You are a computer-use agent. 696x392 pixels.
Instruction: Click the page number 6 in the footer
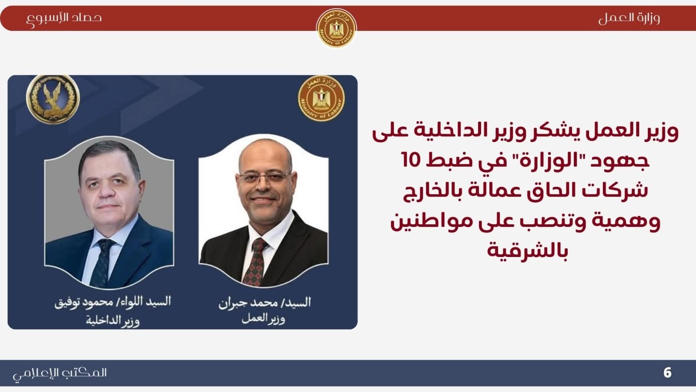coord(667,373)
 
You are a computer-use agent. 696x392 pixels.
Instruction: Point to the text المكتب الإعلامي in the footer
coord(60,374)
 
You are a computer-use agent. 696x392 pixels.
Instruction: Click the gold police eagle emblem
coord(53,99)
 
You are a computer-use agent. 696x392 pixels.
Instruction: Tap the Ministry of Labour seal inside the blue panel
coord(321,98)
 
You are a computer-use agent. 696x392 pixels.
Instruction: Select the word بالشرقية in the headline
coord(527,251)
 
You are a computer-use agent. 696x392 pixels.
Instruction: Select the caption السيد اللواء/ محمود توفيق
coord(113,302)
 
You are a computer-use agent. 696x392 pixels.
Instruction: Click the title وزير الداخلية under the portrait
coord(113,321)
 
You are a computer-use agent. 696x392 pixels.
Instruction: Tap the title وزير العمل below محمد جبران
coord(264,319)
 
